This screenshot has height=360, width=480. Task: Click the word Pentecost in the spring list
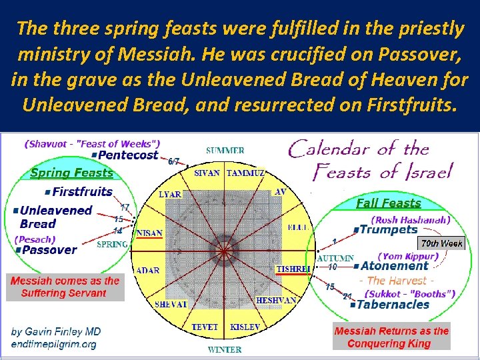point(128,155)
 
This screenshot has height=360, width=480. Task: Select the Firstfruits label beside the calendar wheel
point(82,192)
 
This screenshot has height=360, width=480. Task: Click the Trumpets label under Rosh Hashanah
point(388,229)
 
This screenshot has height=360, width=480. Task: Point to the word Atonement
point(394,265)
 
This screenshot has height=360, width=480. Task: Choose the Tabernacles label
point(392,305)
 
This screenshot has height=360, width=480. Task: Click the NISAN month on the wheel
point(150,233)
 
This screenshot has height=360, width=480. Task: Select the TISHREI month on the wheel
point(293,269)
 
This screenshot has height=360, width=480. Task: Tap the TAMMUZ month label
point(246,173)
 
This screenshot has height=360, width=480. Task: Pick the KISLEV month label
point(245,327)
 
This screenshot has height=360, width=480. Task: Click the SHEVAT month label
point(171,304)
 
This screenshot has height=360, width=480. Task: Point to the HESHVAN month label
point(276,301)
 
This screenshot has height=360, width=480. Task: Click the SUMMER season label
point(225,151)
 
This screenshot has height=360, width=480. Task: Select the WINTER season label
point(225,349)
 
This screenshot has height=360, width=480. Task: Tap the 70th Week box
point(442,243)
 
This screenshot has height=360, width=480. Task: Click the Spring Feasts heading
point(72,173)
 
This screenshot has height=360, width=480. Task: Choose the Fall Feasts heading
point(389,203)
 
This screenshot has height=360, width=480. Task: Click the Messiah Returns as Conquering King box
point(391,337)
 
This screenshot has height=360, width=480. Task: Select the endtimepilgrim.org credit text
point(53,345)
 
